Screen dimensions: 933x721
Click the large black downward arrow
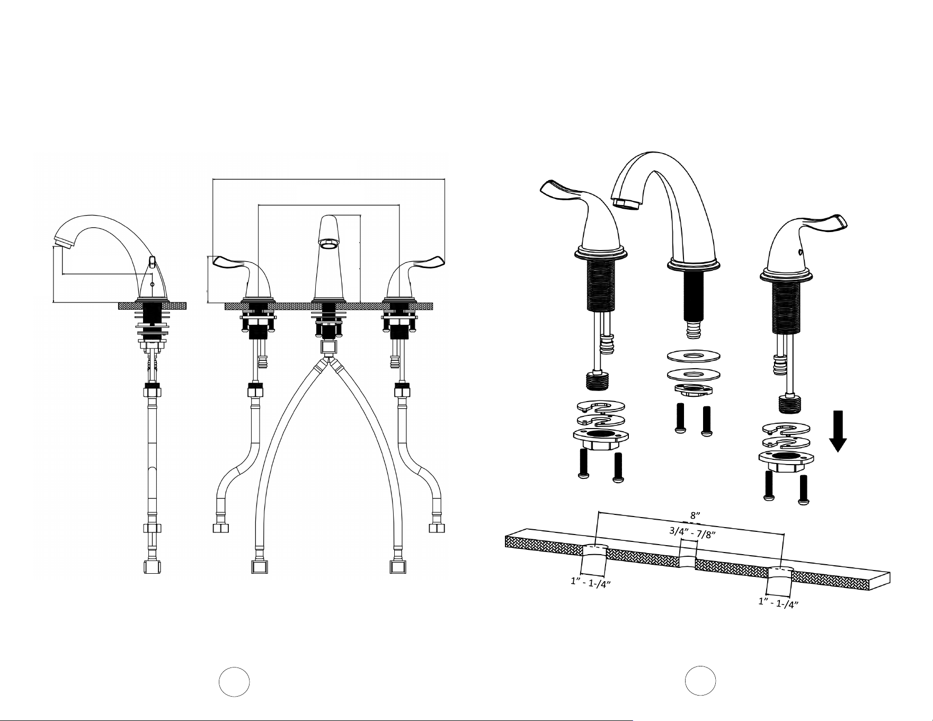coord(838,431)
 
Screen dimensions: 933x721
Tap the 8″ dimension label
coord(696,515)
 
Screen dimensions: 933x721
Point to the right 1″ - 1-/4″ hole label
coord(778,603)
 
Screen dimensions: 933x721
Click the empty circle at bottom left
coord(235,681)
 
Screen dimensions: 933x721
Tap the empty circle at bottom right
coord(700,680)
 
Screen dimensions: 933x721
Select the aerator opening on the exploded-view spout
coord(626,203)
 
